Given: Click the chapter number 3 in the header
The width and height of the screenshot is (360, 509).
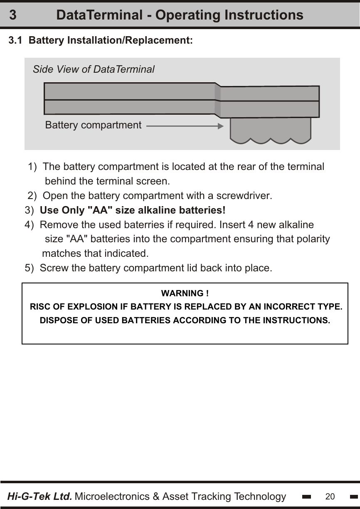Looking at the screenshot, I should click(x=13, y=15).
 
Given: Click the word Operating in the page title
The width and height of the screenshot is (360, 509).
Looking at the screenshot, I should click(x=187, y=15).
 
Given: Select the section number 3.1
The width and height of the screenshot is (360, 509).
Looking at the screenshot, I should click(x=16, y=41).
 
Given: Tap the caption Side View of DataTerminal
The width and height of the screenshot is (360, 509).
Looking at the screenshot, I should click(x=94, y=69).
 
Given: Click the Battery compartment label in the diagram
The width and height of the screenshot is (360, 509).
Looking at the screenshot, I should click(x=93, y=125).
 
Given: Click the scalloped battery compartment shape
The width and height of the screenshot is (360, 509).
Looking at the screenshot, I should click(x=271, y=130).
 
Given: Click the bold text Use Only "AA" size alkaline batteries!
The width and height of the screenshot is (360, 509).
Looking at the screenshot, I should click(x=133, y=210).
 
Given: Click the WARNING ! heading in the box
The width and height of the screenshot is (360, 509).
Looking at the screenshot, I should click(x=185, y=294).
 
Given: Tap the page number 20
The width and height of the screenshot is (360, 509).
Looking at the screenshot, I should click(x=330, y=497).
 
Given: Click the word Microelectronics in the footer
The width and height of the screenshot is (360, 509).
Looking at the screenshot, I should click(x=113, y=497).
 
